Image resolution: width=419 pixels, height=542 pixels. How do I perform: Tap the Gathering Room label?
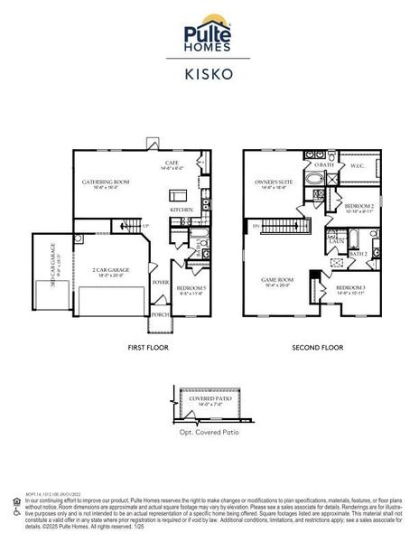(106, 182)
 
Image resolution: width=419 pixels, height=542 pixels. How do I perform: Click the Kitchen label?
(182, 210)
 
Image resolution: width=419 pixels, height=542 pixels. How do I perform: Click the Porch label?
(161, 314)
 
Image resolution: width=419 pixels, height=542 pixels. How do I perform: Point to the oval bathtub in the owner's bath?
(315, 180)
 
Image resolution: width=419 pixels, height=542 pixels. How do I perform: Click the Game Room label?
(278, 281)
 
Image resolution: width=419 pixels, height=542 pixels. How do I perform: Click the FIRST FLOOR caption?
(148, 347)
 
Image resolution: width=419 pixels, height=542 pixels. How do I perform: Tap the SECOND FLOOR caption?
(315, 347)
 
